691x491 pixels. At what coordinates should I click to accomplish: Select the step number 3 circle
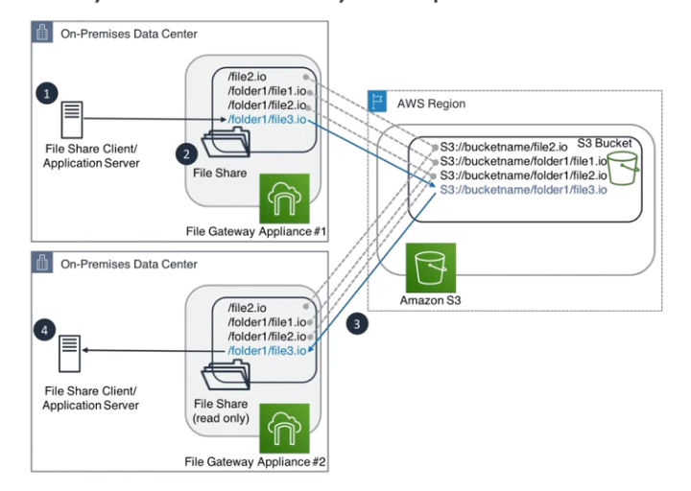[357, 324]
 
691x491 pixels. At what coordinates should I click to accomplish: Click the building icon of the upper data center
[43, 35]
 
